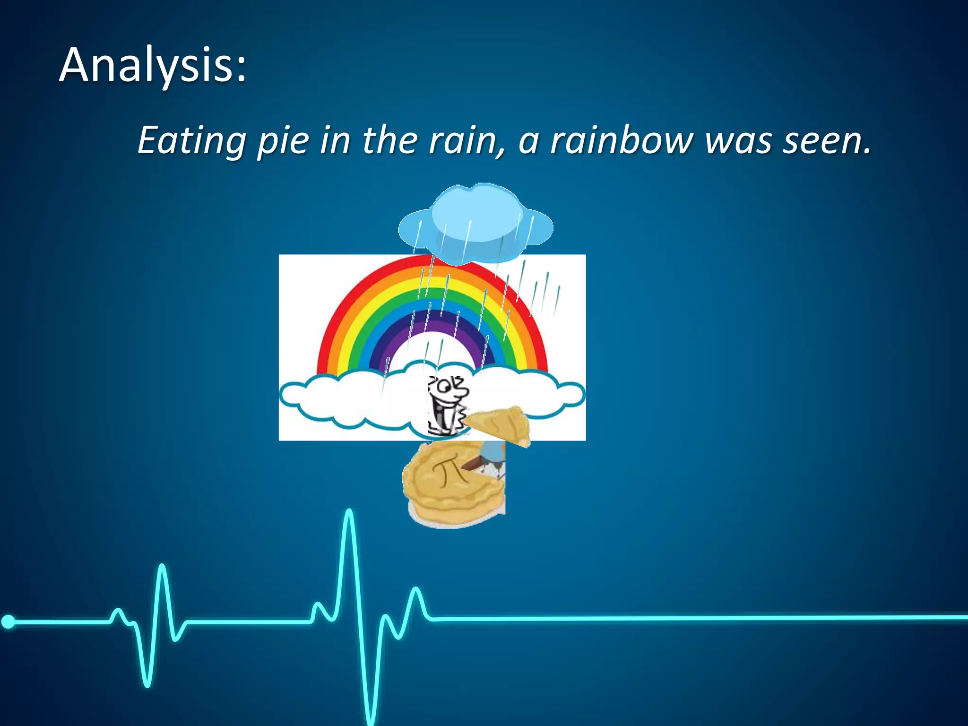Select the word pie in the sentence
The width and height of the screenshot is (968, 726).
[283, 140]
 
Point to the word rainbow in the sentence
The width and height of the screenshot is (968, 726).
[622, 140]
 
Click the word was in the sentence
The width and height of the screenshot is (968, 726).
[738, 140]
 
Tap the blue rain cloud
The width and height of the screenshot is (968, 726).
[475, 222]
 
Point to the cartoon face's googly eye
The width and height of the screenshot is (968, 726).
[444, 387]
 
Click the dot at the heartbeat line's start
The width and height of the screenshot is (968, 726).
[9, 622]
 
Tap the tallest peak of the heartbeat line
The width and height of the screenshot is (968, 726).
[349, 513]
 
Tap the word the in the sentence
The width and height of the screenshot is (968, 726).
[390, 140]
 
